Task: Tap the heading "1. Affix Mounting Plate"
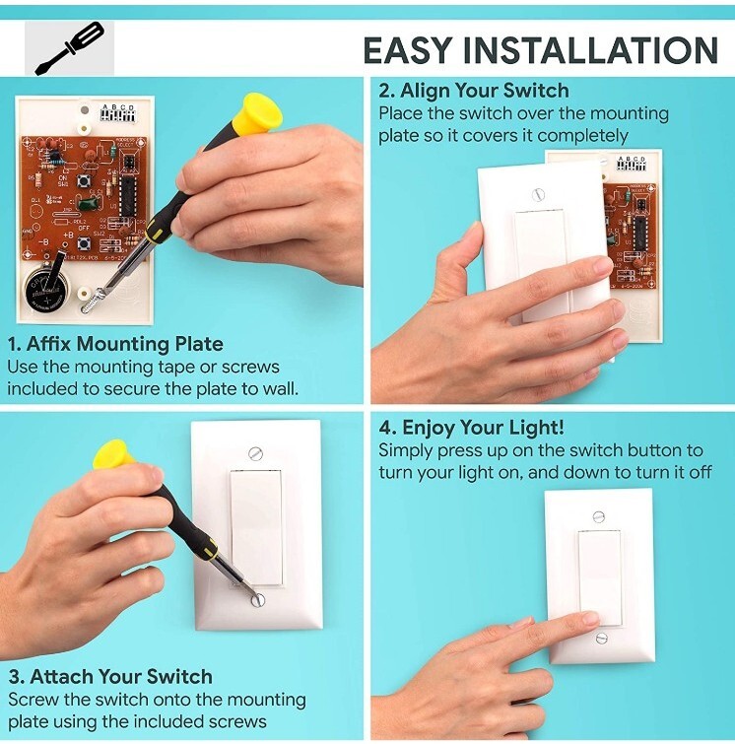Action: tap(115, 344)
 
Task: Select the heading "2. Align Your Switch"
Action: tap(474, 91)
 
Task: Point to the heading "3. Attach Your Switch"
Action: tap(110, 676)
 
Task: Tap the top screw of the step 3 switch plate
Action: tap(256, 453)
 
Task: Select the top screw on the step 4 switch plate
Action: tap(598, 516)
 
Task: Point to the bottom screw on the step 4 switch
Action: tap(598, 638)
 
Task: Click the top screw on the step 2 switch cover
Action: tap(537, 194)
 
